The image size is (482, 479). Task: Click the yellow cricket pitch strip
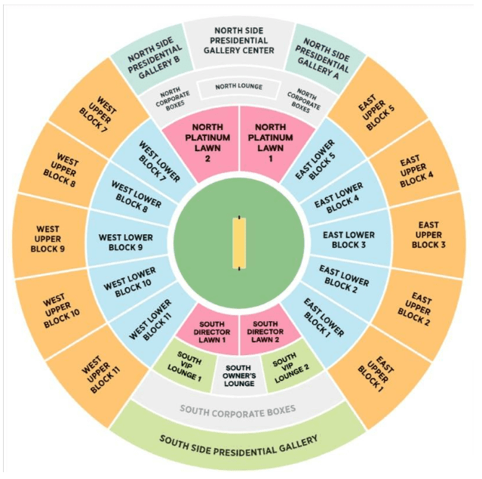click(x=239, y=243)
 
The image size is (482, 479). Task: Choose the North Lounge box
click(x=239, y=87)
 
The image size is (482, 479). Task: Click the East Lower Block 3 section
click(x=349, y=240)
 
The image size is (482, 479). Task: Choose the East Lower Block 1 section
click(x=324, y=317)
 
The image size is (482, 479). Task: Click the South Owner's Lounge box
click(x=239, y=374)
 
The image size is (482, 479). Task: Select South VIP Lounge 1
click(x=189, y=365)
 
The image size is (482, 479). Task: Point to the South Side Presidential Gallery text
click(x=238, y=440)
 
